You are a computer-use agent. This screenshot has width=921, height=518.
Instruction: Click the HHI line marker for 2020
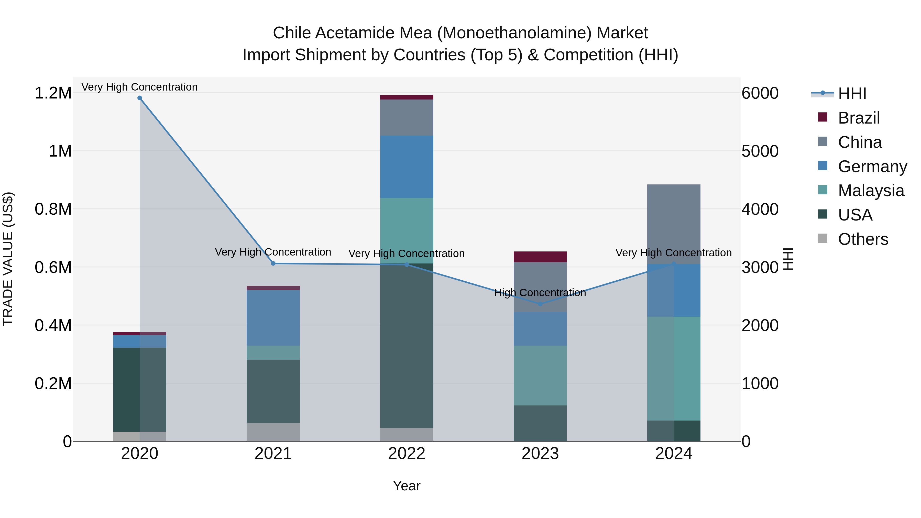[140, 98]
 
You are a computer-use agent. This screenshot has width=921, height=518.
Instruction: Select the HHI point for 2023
[540, 304]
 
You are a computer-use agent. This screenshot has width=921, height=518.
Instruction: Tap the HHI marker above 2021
[273, 263]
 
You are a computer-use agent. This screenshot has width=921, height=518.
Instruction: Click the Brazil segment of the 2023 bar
[540, 257]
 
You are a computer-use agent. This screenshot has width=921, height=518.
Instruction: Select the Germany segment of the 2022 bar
[407, 167]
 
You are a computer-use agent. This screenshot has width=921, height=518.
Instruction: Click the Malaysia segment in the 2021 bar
[273, 352]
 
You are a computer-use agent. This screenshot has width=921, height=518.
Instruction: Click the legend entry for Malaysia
[871, 191]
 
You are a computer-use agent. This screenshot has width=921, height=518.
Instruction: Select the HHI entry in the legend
[852, 94]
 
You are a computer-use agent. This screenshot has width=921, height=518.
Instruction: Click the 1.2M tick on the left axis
[53, 93]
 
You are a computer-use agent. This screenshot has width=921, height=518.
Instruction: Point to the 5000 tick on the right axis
[760, 151]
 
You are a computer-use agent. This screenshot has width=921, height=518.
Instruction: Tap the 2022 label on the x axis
[407, 454]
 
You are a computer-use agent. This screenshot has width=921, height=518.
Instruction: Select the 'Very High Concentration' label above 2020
[139, 87]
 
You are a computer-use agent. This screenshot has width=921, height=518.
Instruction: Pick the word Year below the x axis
[407, 486]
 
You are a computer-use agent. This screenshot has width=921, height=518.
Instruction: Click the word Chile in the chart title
[291, 33]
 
